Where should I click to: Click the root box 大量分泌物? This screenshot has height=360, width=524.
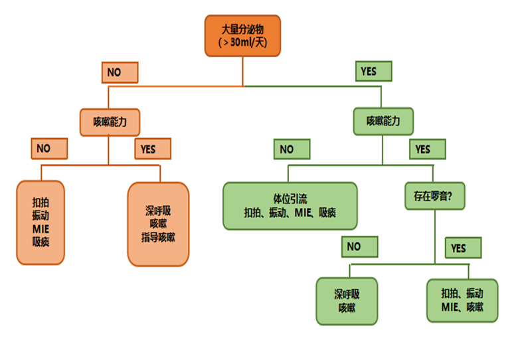[x=242, y=35]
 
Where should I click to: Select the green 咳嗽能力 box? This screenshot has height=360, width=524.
[x=383, y=122]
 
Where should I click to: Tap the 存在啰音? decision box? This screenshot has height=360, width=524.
[x=434, y=196]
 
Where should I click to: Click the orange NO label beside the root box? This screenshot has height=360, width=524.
[x=119, y=72]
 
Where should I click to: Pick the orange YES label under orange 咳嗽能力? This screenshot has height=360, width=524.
[x=152, y=149]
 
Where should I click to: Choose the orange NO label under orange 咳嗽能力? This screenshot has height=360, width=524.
[x=49, y=148]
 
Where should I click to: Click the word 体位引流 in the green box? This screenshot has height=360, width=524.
[x=290, y=199]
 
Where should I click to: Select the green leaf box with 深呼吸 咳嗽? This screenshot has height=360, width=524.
[x=346, y=301]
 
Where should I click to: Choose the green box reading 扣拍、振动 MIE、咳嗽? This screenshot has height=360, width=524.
[x=462, y=300]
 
